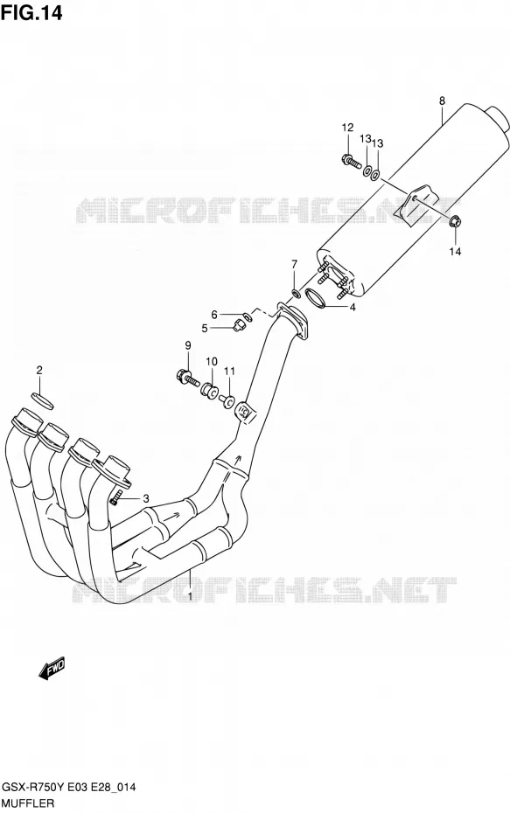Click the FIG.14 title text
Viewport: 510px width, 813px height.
point(31,12)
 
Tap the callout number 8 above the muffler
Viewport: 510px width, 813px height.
point(442,101)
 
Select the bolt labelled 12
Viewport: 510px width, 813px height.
point(352,161)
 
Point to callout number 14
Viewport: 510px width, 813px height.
point(455,252)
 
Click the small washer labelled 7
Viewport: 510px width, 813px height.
point(295,295)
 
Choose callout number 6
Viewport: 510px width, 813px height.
point(213,314)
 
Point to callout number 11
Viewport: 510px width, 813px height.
point(229,371)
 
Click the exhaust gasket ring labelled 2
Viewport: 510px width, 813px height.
point(42,402)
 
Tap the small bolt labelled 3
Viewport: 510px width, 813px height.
point(116,497)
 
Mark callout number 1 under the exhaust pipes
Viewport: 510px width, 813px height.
point(190,596)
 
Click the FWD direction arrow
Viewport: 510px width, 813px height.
point(52,668)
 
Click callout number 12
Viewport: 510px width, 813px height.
point(347,128)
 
